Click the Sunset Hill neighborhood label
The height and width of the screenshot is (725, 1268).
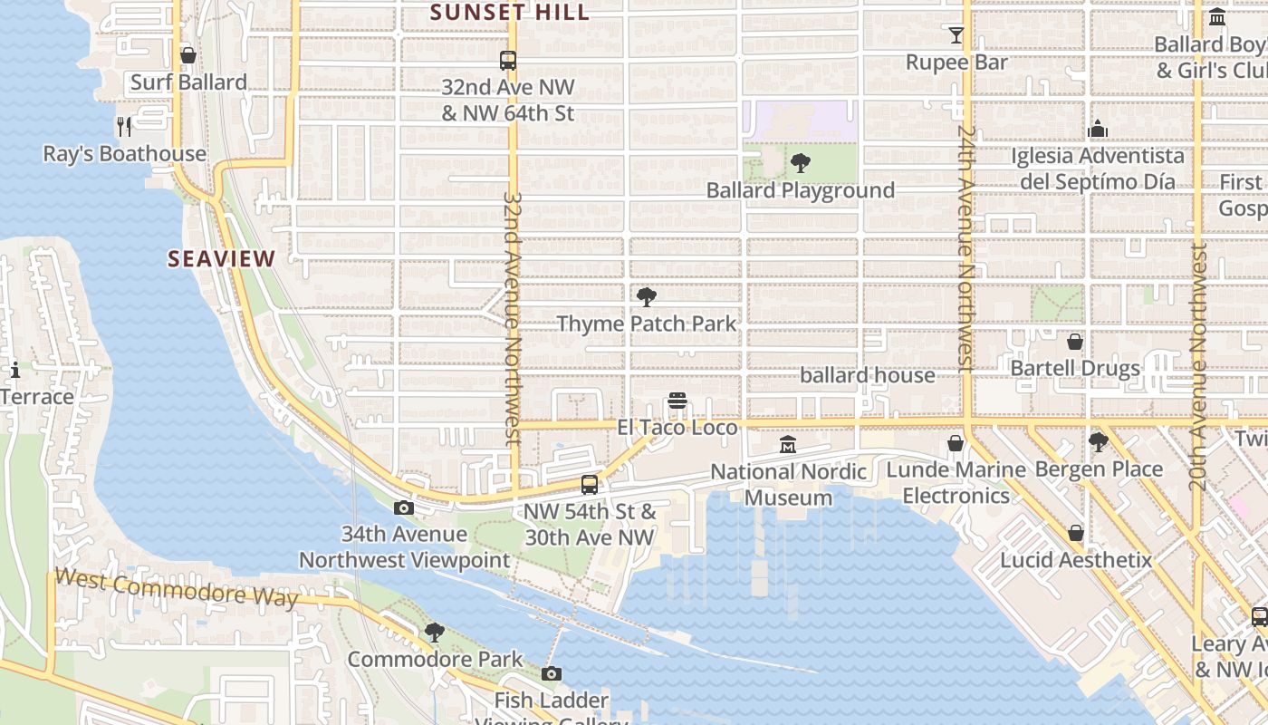(510, 13)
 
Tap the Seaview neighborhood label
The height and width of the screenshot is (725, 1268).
(221, 259)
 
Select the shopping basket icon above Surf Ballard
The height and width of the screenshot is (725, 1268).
(188, 56)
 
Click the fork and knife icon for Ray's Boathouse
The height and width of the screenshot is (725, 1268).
(124, 126)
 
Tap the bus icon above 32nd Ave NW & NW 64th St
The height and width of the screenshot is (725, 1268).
(508, 61)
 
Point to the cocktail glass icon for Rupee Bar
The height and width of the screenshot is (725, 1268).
(956, 35)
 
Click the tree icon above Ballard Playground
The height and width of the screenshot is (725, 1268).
(800, 163)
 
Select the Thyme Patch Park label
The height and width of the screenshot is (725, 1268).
(647, 324)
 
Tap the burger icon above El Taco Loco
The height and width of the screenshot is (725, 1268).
(677, 401)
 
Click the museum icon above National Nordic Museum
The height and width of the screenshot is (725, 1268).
(788, 445)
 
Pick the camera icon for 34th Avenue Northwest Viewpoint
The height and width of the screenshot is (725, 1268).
(404, 508)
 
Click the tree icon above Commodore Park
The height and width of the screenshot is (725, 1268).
(435, 633)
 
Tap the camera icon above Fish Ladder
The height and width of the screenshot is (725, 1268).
(551, 674)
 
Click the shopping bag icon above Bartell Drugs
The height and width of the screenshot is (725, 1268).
(1075, 342)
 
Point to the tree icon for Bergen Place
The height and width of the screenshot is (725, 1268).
(1098, 442)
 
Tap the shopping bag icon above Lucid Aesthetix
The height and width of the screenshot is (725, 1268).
(1076, 533)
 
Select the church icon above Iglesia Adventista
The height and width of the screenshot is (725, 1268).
(1098, 129)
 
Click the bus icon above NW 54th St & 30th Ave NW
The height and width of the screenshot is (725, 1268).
(590, 485)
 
